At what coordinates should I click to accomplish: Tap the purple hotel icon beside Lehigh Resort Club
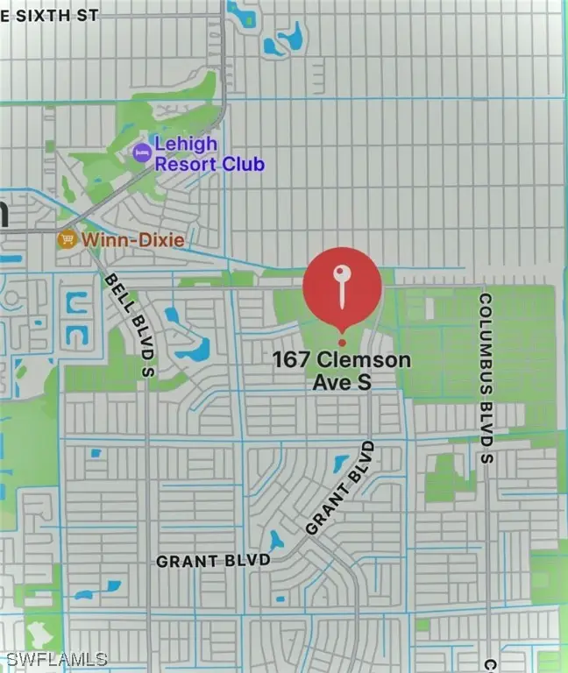pyautogui.click(x=141, y=153)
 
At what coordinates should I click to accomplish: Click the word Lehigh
pyautogui.click(x=187, y=145)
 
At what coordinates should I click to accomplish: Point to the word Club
pyautogui.click(x=245, y=164)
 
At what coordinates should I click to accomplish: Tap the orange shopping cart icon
pyautogui.click(x=67, y=238)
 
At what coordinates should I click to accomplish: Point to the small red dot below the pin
pyautogui.click(x=342, y=342)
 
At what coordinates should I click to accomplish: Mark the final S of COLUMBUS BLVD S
pyautogui.click(x=487, y=459)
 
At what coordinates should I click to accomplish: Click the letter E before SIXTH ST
pyautogui.click(x=5, y=15)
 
